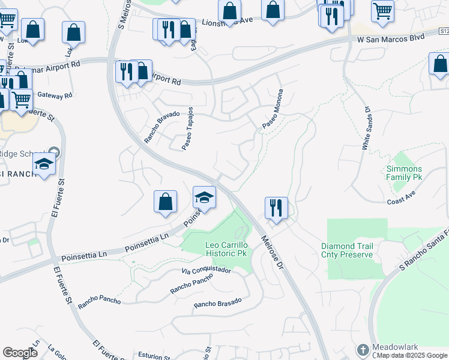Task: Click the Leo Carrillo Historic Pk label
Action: [218, 250]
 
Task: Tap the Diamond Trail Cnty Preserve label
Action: [347, 250]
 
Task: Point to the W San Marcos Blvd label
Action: [391, 38]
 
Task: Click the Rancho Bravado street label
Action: [161, 127]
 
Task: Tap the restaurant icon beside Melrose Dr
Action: [276, 208]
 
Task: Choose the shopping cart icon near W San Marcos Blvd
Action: [382, 10]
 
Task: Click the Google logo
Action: [20, 353]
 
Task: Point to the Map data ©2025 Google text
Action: [412, 355]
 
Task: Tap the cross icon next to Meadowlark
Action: [363, 349]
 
